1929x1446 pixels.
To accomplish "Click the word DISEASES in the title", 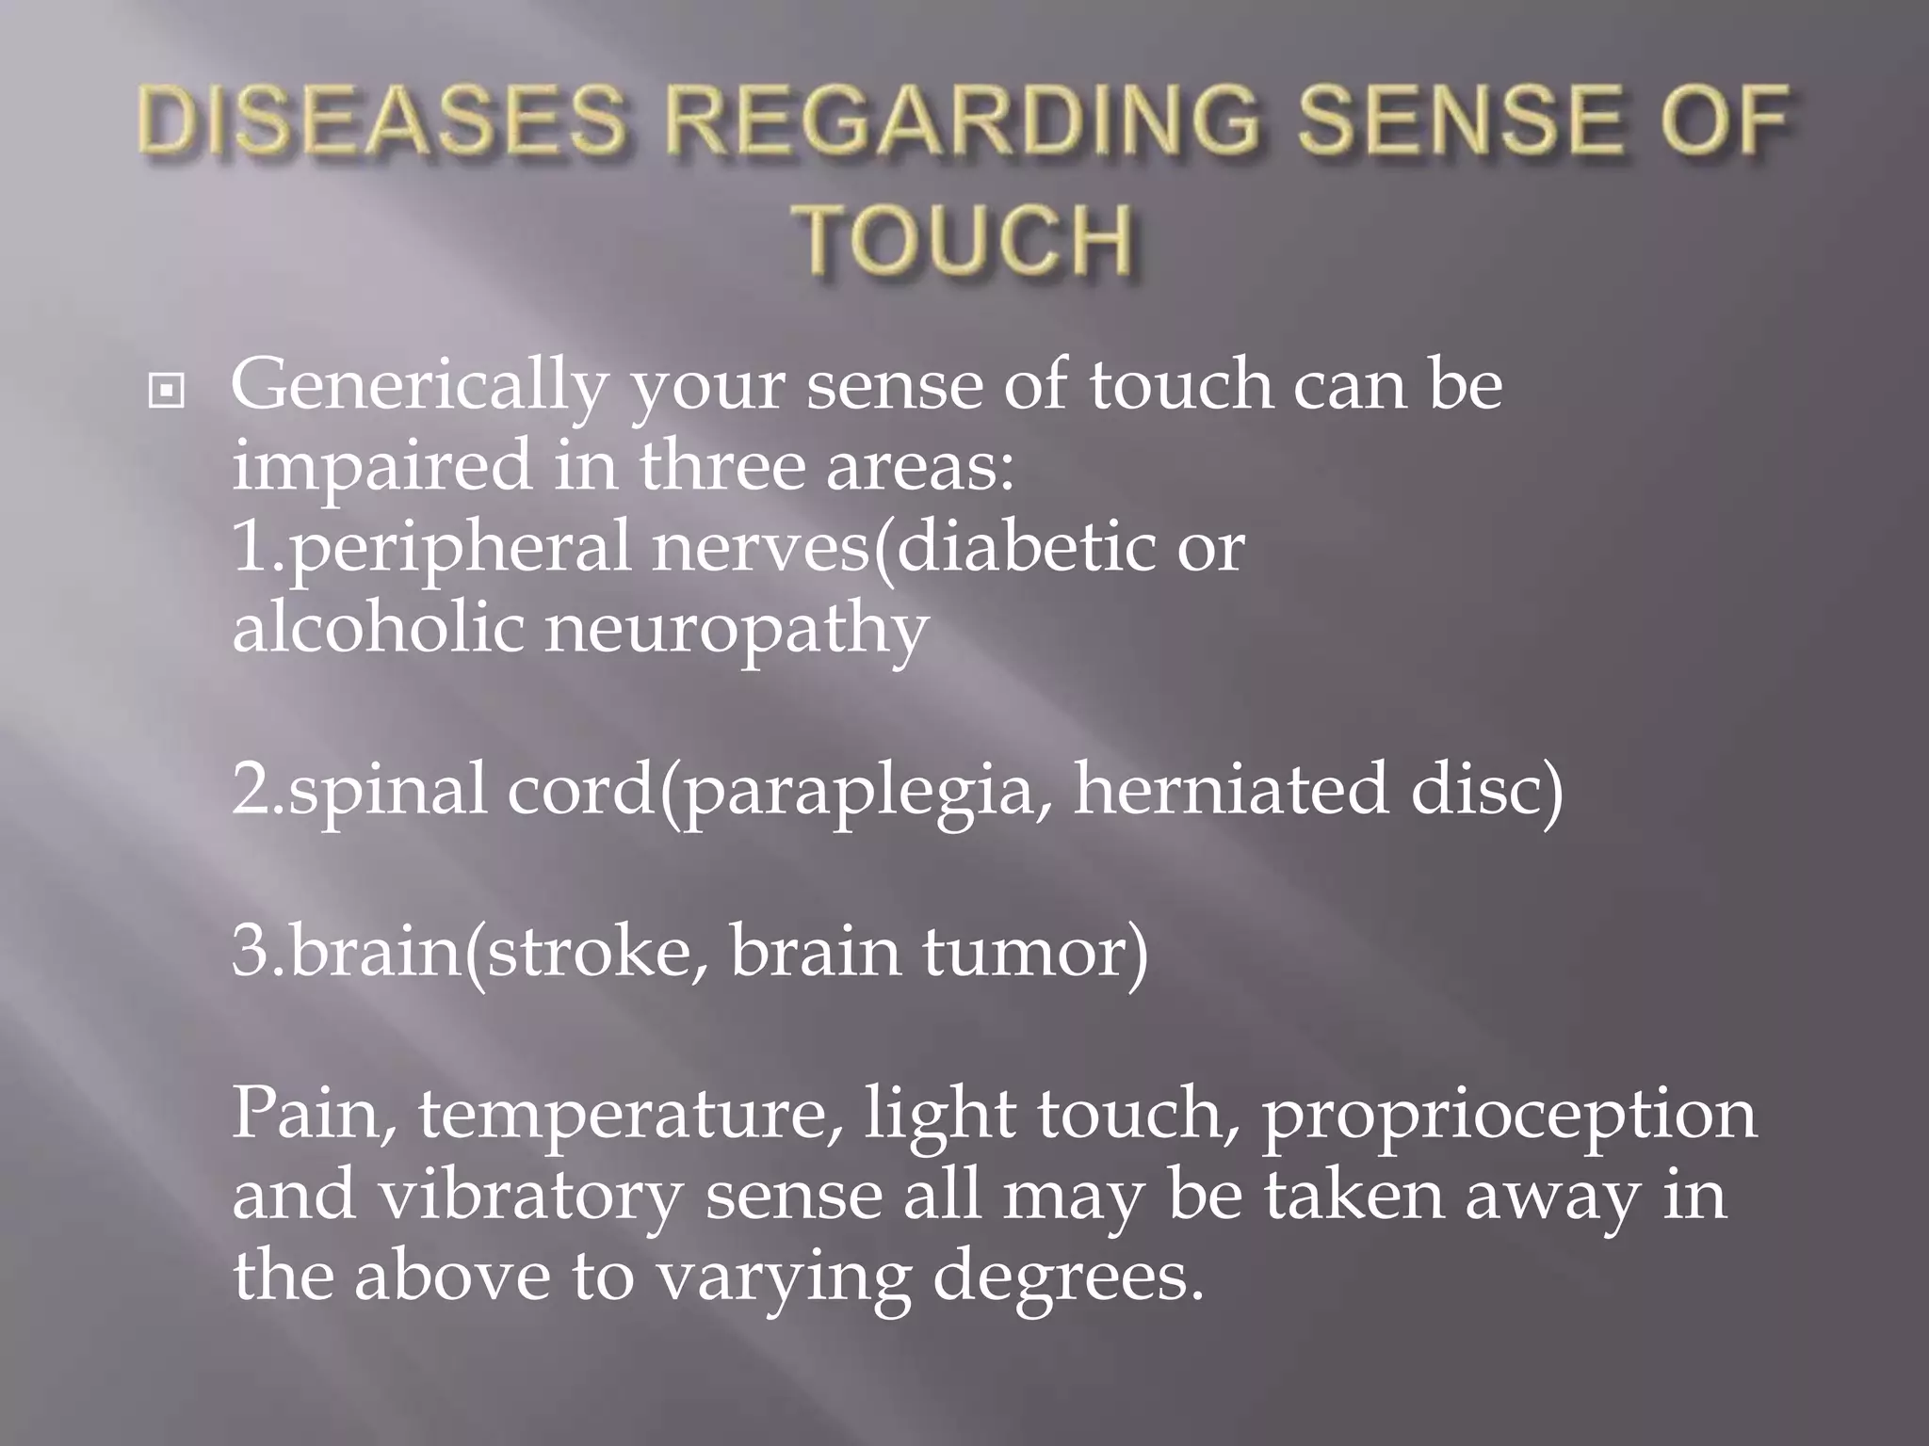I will tap(381, 123).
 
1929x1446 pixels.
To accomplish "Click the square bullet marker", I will tap(167, 390).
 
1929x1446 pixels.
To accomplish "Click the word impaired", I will tap(381, 467).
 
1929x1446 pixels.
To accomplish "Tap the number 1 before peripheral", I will tap(248, 548).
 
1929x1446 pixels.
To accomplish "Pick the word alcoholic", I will tap(378, 628).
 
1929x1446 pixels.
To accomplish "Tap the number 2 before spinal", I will tap(250, 789).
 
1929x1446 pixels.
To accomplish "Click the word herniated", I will tap(1230, 789).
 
